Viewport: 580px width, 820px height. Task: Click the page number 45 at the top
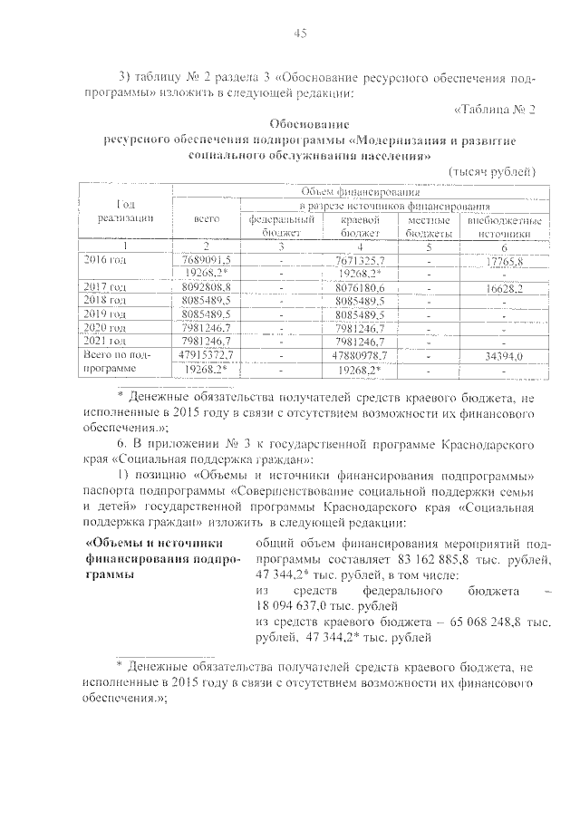pyautogui.click(x=301, y=34)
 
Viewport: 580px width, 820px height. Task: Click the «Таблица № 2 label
pyautogui.click(x=495, y=110)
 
